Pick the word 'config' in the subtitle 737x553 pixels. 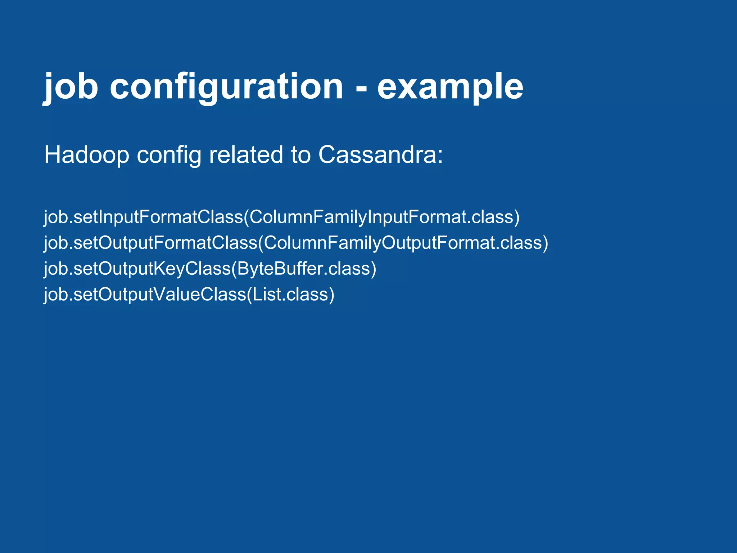(x=169, y=156)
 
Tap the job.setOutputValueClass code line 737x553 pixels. (x=189, y=295)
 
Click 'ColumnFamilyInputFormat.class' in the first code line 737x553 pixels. (x=381, y=217)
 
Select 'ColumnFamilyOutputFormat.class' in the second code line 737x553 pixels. (x=403, y=243)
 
